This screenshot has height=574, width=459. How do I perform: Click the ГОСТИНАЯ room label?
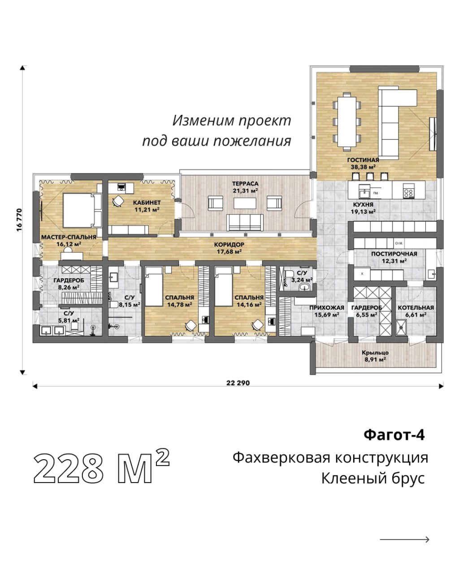pos(363,160)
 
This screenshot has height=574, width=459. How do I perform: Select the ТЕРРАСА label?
pos(245,183)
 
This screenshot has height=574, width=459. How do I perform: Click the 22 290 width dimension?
pos(238,383)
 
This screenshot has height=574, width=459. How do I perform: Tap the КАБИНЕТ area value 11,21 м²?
pos(147,210)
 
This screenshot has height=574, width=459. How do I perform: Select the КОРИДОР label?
pos(229,244)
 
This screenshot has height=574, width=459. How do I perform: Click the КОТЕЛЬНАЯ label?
pos(416,308)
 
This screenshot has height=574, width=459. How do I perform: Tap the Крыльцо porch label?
pos(375,352)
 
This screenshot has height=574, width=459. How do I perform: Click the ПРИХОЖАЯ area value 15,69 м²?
pos(327,315)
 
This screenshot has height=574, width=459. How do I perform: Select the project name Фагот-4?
pos(394,435)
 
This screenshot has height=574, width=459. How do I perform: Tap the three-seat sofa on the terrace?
pos(245,222)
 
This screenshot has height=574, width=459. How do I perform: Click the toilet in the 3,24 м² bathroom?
pos(289,274)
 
